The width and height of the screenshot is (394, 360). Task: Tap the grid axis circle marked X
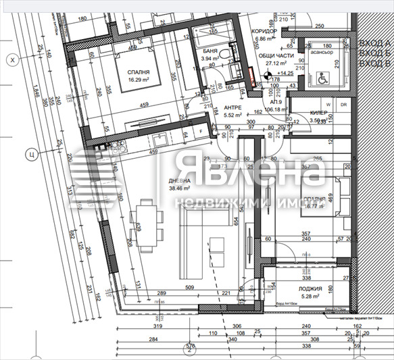(10, 60)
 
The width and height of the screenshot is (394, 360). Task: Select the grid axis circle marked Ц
(30, 153)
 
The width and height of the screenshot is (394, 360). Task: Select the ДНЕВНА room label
(180, 182)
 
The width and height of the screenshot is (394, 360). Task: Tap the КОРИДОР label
(264, 31)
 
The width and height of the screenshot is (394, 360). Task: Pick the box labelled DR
(343, 105)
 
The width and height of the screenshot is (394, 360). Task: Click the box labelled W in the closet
(328, 105)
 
